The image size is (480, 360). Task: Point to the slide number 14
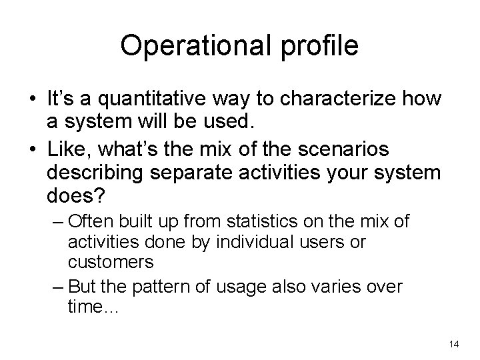tap(455, 344)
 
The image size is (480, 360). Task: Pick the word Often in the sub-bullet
tap(91, 221)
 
